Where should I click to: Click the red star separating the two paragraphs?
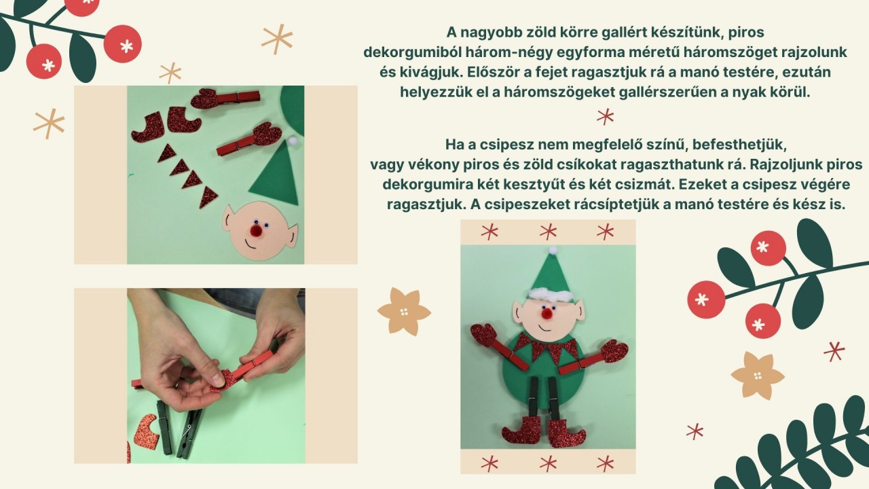click(605, 116)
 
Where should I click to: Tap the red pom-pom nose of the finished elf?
click(547, 312)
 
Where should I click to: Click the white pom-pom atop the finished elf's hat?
click(553, 250)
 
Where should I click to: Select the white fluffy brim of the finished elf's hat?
click(551, 297)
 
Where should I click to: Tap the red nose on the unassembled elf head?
click(256, 231)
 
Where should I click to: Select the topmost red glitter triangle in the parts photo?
click(167, 153)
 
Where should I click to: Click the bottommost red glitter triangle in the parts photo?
click(208, 197)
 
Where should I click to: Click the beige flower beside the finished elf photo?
click(404, 311)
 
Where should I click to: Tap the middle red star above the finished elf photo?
click(548, 232)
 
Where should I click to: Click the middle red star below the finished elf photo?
click(548, 464)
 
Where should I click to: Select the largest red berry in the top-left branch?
click(123, 44)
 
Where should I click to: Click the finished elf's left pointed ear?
click(519, 310)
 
